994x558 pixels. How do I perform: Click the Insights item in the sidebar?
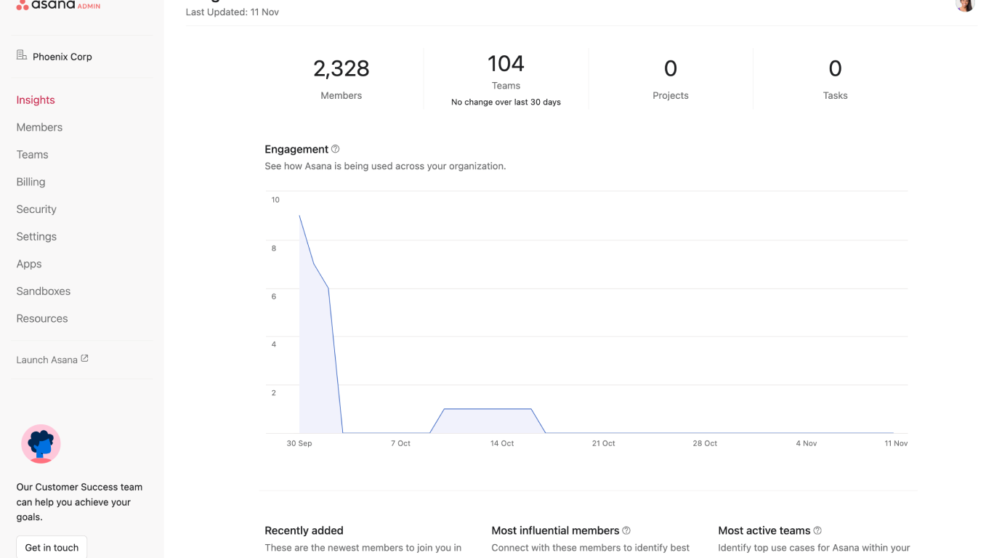coord(36,100)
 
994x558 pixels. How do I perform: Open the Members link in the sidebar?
coord(39,127)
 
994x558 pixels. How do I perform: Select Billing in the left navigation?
coord(31,182)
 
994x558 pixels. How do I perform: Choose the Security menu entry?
coord(36,209)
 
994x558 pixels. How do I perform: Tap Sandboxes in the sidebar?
coord(44,291)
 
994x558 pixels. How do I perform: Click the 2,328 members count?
coord(341,68)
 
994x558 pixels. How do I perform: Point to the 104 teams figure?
coord(506,64)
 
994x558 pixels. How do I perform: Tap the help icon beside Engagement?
coord(336,149)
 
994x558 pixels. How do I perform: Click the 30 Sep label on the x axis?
coord(299,443)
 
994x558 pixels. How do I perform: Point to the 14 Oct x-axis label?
coord(502,443)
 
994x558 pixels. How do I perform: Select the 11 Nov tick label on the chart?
coord(896,443)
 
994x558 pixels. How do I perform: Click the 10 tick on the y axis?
coord(275,200)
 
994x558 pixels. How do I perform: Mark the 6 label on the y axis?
coord(274,296)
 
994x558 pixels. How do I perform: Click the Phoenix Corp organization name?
coord(62,57)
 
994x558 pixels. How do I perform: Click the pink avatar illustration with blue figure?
coord(41,444)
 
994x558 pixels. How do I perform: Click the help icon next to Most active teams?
coord(817,530)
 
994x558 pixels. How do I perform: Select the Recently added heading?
coord(304,530)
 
